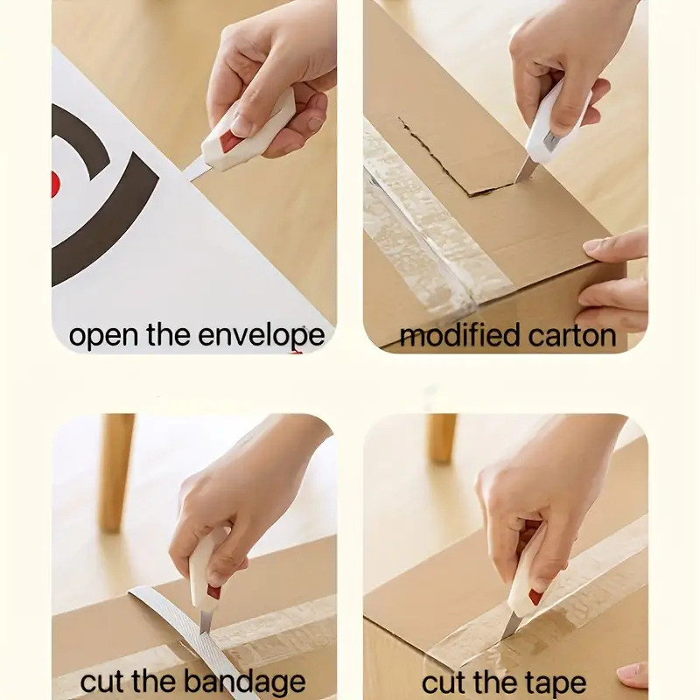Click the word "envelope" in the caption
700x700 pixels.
coord(261,336)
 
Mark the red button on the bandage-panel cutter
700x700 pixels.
coord(213,592)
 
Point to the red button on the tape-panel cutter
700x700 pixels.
coord(535,596)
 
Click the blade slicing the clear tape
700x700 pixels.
coord(510,625)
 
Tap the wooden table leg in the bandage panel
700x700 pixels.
coord(115,472)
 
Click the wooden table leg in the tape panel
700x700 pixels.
coord(441,438)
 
